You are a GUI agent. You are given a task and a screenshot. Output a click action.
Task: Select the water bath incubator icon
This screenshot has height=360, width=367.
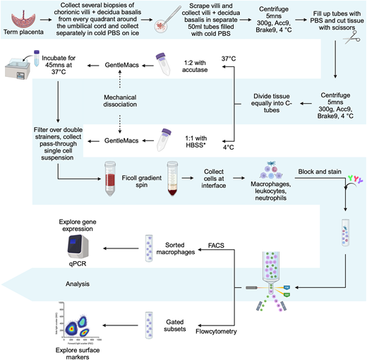tap(21, 65)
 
